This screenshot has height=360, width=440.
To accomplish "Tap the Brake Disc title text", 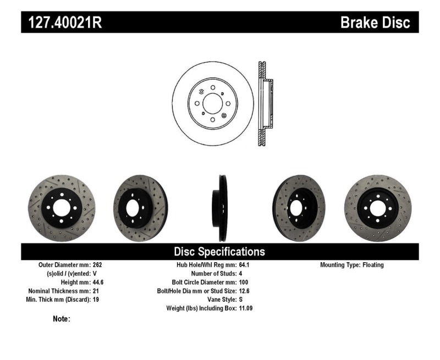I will point(375,23).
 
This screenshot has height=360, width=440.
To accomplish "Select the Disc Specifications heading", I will point(219,252).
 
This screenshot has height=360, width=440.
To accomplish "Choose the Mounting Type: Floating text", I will point(352,265).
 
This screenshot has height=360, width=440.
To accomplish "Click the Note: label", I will point(61,319).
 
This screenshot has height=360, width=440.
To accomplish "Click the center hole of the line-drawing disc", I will point(212,103).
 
